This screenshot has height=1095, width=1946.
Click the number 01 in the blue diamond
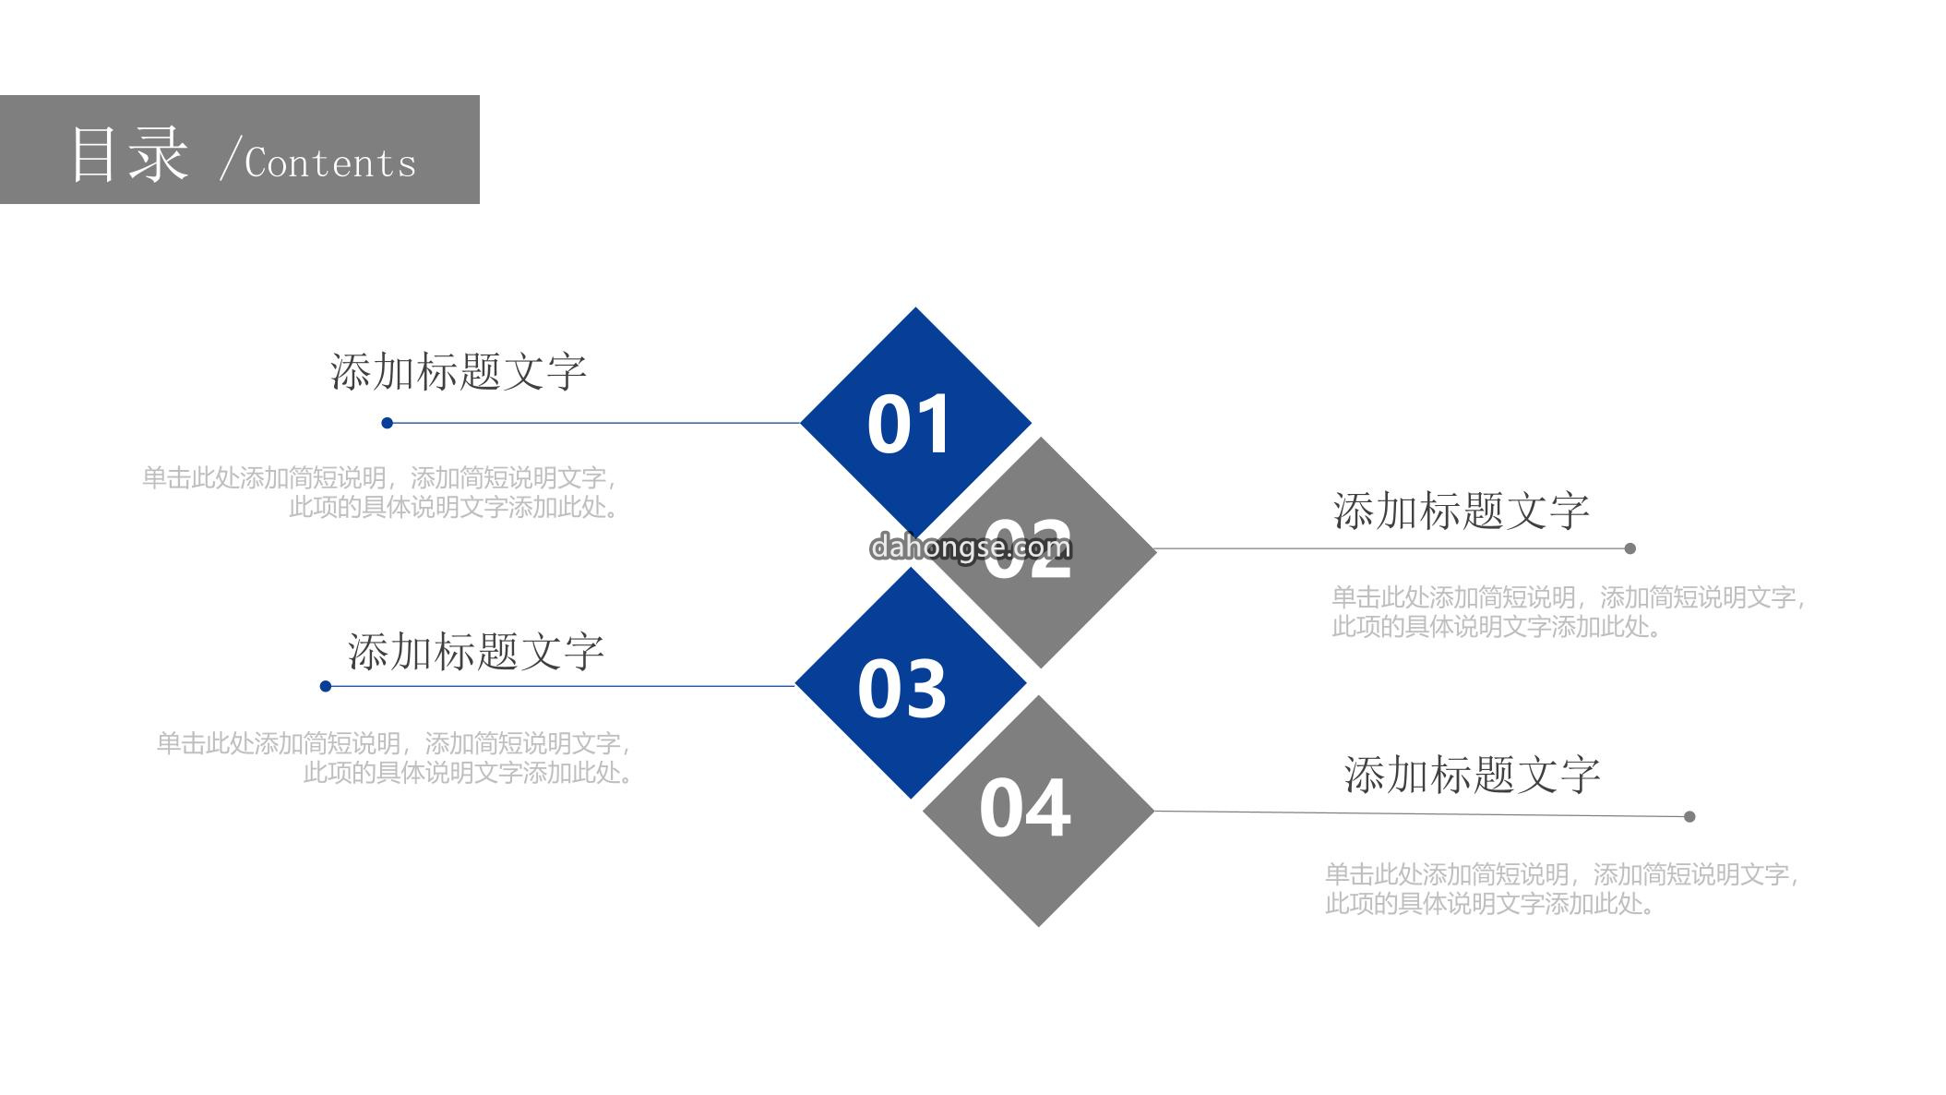(909, 424)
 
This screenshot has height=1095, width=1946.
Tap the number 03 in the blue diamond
(901, 689)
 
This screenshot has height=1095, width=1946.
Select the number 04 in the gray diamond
(1024, 809)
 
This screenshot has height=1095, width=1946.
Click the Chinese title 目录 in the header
(129, 153)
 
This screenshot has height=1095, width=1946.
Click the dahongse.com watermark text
(971, 547)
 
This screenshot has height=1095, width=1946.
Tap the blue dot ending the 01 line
(388, 423)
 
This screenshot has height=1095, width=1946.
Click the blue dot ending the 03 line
(326, 686)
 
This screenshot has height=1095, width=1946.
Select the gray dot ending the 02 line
(1630, 548)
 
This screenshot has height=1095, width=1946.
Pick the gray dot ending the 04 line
(1689, 816)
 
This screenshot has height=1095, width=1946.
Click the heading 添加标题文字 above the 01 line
(459, 371)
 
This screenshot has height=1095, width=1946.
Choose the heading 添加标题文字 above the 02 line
(1461, 511)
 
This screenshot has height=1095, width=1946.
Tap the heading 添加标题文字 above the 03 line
(475, 651)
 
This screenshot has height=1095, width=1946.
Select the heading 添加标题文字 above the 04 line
(1472, 774)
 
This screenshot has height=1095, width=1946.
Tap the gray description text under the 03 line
(395, 757)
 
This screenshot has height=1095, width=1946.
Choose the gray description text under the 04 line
(1562, 888)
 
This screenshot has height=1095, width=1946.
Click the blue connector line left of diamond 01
(594, 423)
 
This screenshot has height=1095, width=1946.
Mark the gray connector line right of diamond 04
(1422, 813)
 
